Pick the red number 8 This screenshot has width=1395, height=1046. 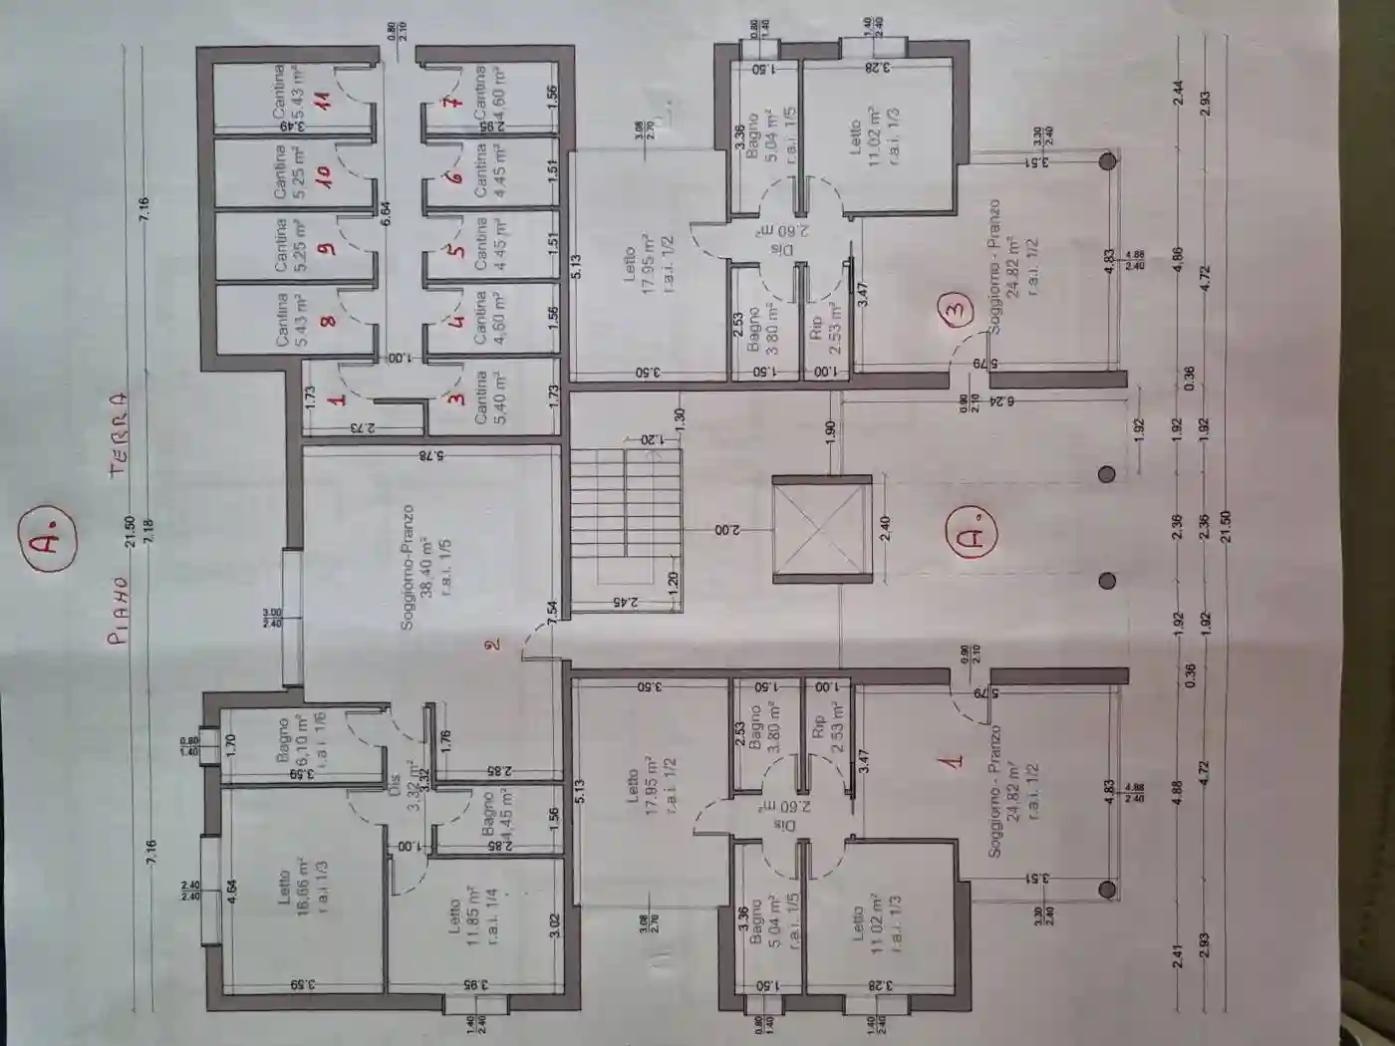(x=327, y=319)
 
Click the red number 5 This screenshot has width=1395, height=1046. (x=456, y=249)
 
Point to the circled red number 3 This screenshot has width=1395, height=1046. (x=955, y=309)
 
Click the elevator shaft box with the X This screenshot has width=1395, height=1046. (x=821, y=529)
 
